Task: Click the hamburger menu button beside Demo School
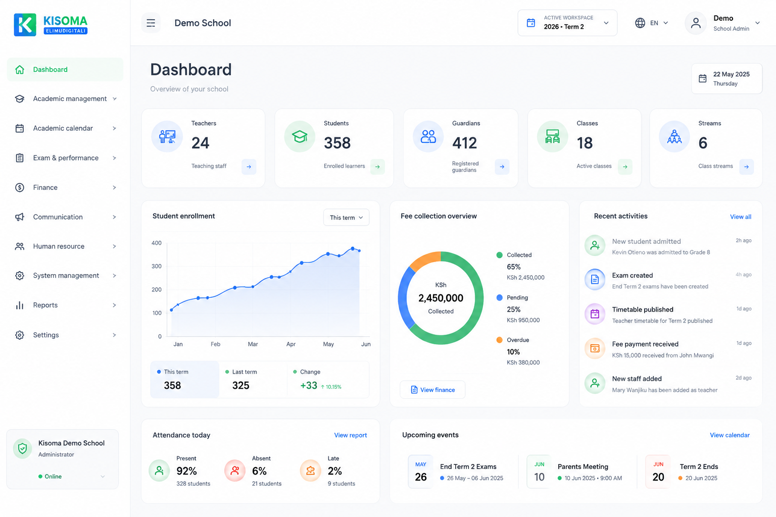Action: pyautogui.click(x=151, y=23)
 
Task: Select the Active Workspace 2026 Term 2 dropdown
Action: pyautogui.click(x=567, y=23)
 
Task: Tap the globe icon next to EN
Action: pyautogui.click(x=640, y=23)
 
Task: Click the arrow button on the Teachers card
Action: pyautogui.click(x=249, y=167)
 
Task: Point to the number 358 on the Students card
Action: pyautogui.click(x=337, y=143)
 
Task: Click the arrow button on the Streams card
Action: pyautogui.click(x=746, y=167)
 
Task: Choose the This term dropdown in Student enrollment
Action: pyautogui.click(x=346, y=218)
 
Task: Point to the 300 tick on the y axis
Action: pyautogui.click(x=156, y=266)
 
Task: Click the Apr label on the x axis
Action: pyautogui.click(x=290, y=344)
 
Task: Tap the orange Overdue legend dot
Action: pyautogui.click(x=499, y=340)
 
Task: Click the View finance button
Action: pyautogui.click(x=432, y=390)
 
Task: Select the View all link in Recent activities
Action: pyautogui.click(x=740, y=217)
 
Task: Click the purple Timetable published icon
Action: pyautogui.click(x=595, y=314)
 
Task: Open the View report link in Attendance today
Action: pyautogui.click(x=350, y=435)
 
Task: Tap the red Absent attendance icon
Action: pyautogui.click(x=235, y=470)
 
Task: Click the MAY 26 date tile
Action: pyautogui.click(x=420, y=472)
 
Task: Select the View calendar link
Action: pyautogui.click(x=730, y=435)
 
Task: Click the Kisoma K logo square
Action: pyautogui.click(x=25, y=25)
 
